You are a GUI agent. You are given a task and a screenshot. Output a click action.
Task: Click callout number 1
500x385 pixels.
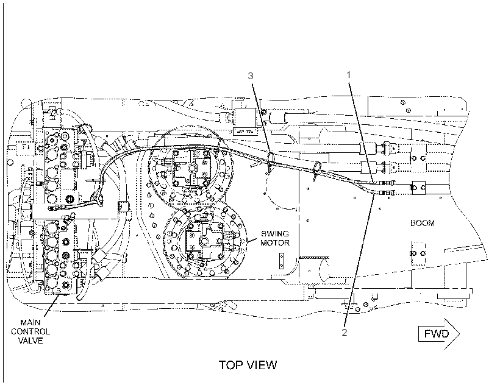pyautogui.click(x=349, y=75)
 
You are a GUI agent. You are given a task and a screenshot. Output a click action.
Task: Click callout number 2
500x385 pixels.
pyautogui.click(x=345, y=332)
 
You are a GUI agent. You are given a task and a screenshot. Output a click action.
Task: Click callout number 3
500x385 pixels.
pyautogui.click(x=251, y=76)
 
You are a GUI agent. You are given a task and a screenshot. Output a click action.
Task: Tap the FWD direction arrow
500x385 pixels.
pyautogui.click(x=439, y=334)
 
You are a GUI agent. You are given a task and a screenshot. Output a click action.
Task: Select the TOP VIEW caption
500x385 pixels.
pyautogui.click(x=248, y=365)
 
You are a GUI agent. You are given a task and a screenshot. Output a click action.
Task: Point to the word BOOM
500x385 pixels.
pyautogui.click(x=422, y=223)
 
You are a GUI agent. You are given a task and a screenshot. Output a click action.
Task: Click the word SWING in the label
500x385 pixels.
pyautogui.click(x=275, y=234)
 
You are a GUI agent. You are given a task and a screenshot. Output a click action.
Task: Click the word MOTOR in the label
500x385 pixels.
pyautogui.click(x=275, y=242)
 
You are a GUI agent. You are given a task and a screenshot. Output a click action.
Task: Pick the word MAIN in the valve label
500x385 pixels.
pyautogui.click(x=30, y=322)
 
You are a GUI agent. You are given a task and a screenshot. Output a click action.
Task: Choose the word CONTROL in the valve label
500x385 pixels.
pyautogui.click(x=30, y=331)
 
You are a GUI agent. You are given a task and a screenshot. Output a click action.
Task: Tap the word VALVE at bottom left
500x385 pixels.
pyautogui.click(x=30, y=341)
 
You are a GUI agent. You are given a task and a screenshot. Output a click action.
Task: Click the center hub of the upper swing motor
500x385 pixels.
pyautogui.click(x=191, y=168)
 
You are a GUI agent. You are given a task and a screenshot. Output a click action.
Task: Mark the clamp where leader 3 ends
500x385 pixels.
pyautogui.click(x=270, y=159)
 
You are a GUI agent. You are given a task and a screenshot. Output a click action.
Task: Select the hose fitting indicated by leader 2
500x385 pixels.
pyautogui.click(x=385, y=192)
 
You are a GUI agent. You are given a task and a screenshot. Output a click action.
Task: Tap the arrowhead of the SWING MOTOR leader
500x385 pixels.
pyautogui.click(x=248, y=242)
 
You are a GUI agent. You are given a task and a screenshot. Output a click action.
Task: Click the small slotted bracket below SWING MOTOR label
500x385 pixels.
pyautogui.click(x=282, y=261)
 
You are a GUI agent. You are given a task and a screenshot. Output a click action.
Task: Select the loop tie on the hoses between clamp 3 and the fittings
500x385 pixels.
pyautogui.click(x=316, y=169)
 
